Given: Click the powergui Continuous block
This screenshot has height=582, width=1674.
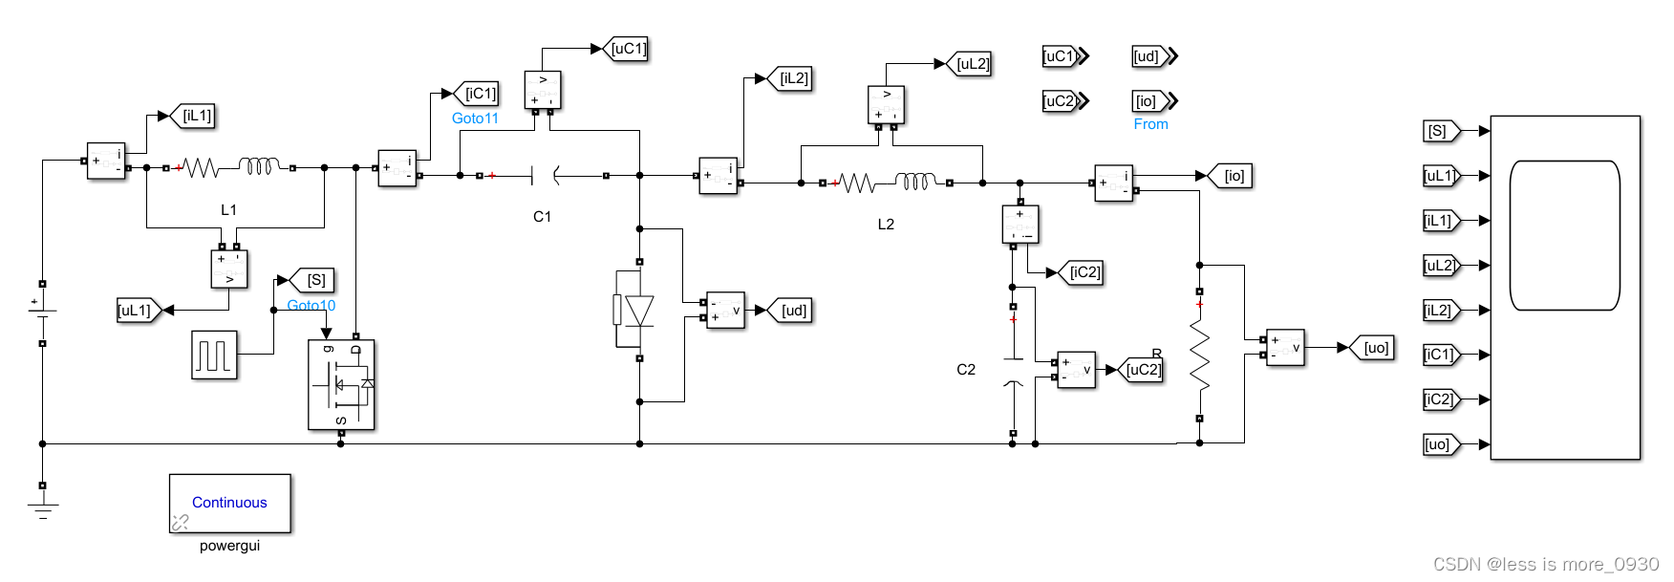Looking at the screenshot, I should (x=229, y=503).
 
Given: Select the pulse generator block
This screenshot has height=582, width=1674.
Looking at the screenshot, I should (x=214, y=355).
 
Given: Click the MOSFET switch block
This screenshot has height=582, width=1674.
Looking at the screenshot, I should (x=341, y=384).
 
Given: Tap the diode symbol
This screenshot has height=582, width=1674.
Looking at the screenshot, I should (x=638, y=311).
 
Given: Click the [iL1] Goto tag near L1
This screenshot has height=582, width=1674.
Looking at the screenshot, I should (x=197, y=116).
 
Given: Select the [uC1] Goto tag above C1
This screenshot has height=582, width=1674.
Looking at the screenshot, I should (x=628, y=49).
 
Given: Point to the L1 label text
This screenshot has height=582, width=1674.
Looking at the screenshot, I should (x=228, y=210).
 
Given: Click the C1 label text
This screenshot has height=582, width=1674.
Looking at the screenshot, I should (x=542, y=217).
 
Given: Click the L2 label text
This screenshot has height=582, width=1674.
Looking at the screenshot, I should (x=886, y=225).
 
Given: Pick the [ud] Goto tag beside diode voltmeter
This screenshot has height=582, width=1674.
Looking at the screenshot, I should (x=793, y=311).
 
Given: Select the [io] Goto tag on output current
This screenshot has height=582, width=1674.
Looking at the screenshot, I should (x=1234, y=176).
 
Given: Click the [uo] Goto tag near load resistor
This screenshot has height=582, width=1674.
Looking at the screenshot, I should (x=1375, y=348).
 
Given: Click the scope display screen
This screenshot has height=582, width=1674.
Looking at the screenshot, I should (x=1564, y=236).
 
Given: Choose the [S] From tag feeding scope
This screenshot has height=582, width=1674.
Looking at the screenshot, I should (x=1439, y=131).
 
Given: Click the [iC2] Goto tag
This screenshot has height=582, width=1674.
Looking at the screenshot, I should (x=1084, y=272).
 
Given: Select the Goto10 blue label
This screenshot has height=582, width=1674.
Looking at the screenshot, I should (x=311, y=306).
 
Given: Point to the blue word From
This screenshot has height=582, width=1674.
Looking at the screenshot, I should (x=1150, y=124).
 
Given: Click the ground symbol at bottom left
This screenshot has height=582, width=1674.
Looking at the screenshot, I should (x=42, y=509).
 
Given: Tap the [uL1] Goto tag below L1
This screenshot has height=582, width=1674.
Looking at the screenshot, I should (x=136, y=311).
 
